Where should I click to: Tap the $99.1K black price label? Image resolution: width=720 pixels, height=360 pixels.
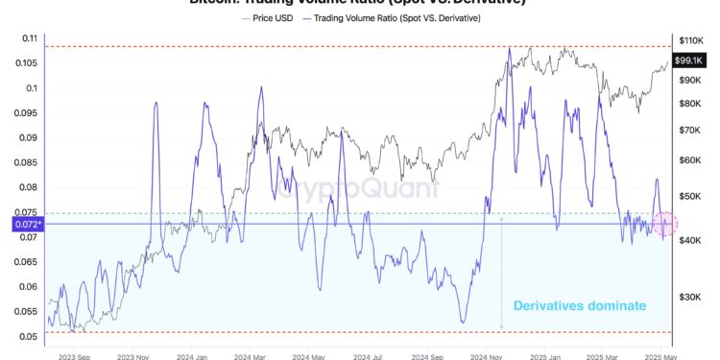(x=689, y=60)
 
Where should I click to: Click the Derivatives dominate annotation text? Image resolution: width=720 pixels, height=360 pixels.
(x=579, y=305)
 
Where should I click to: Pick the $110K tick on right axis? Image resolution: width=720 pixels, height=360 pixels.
(x=692, y=40)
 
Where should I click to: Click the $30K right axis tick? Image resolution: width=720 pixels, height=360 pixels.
(x=690, y=298)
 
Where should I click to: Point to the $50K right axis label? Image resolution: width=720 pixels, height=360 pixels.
(x=690, y=196)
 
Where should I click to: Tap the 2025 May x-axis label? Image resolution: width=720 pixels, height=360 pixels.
(x=662, y=353)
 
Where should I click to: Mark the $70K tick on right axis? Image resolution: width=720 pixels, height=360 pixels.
(x=690, y=129)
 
